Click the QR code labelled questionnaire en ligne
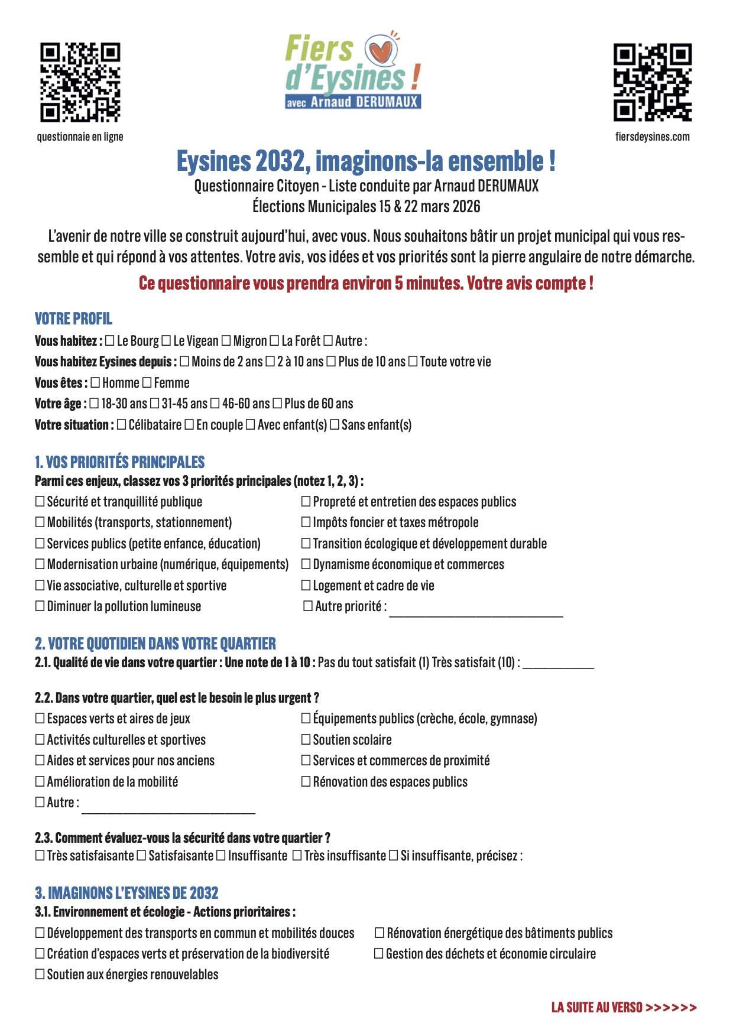click(80, 82)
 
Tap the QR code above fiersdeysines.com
click(652, 82)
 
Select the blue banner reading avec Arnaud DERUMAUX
click(353, 102)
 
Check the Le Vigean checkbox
click(166, 341)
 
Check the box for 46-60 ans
click(215, 404)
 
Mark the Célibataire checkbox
click(121, 425)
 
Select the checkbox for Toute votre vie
click(413, 362)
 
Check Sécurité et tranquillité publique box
click(40, 502)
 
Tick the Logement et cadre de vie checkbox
click(306, 586)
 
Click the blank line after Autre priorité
click(476, 612)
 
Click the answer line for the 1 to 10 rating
click(558, 664)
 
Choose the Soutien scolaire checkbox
click(306, 740)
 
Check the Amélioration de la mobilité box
click(40, 782)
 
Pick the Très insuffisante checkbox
click(297, 856)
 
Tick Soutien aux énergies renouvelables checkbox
click(40, 975)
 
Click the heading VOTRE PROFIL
click(73, 319)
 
